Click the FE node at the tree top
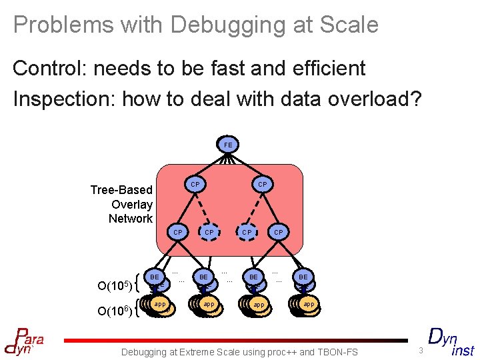pos(228,144)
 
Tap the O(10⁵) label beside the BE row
pos(114,287)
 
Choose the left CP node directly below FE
pos(195,184)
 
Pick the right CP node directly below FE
pos(263,184)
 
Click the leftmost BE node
pos(155,277)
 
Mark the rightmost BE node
pos(303,277)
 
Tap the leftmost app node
pos(160,304)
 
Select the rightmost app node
pos(308,304)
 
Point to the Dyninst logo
pos(451,341)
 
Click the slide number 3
pos(421,351)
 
